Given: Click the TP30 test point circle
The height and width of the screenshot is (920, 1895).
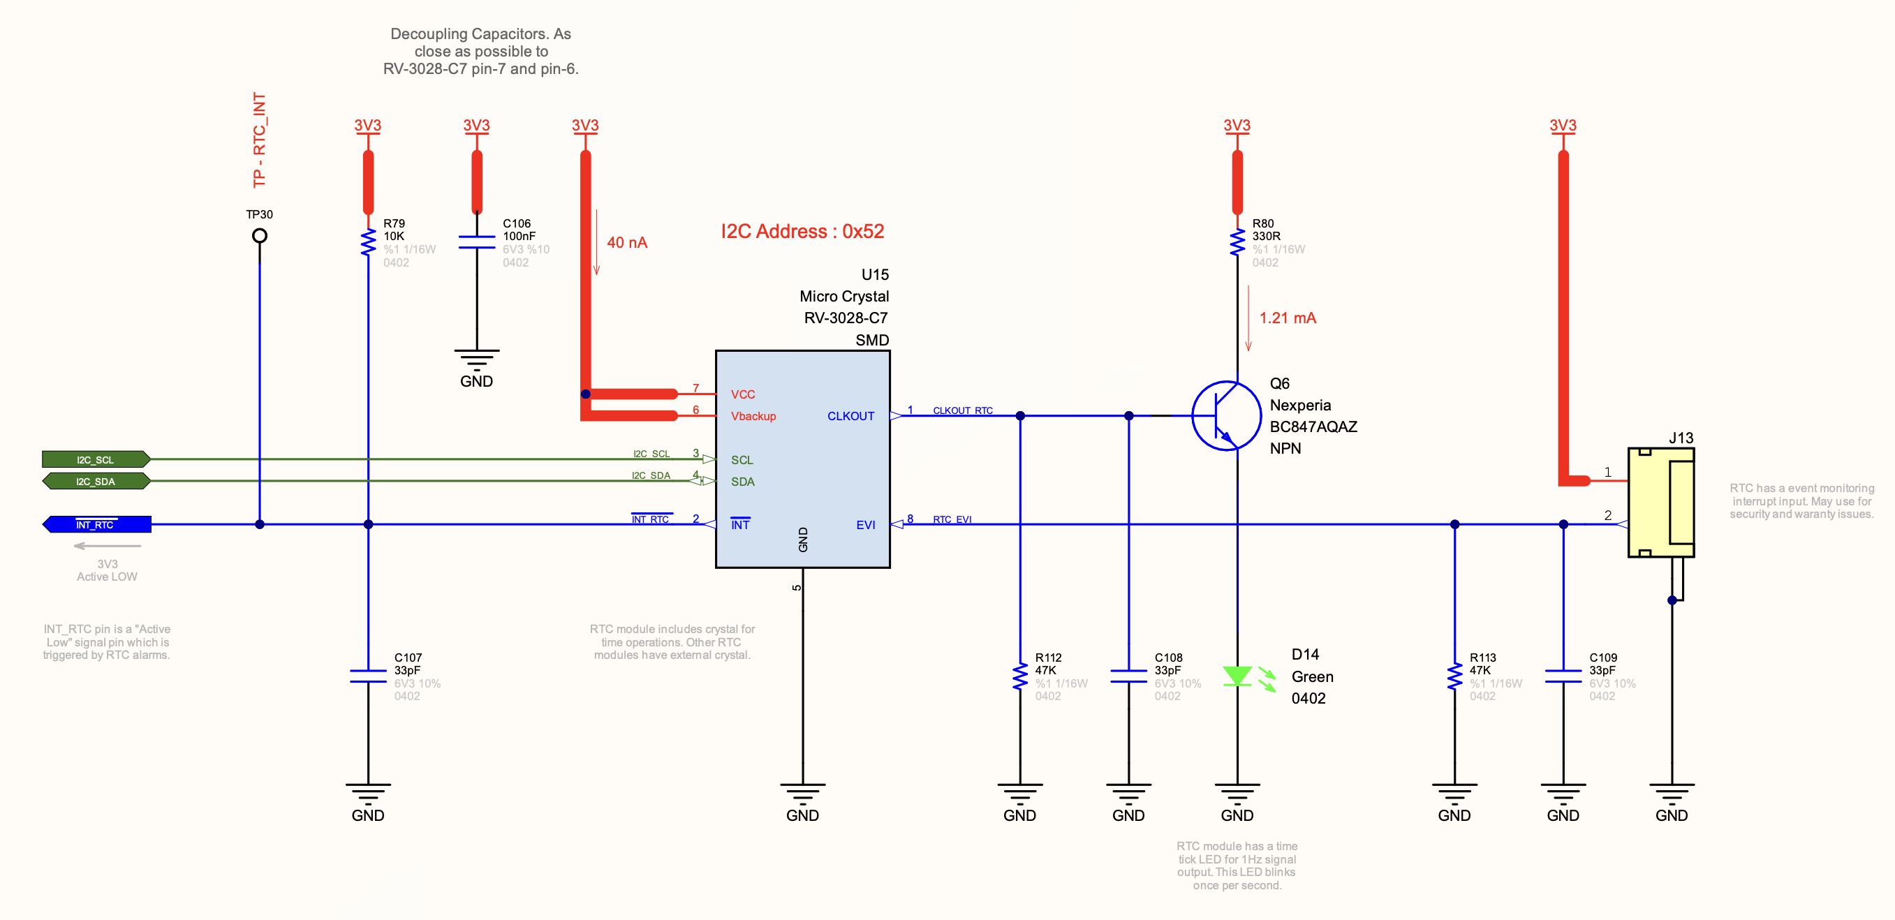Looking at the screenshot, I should [259, 235].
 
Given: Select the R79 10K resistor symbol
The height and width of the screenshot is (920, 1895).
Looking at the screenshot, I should [368, 242].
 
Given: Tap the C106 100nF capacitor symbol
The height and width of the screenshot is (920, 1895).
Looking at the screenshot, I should [477, 242].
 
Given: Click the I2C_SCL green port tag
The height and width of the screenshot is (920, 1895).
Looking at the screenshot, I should [96, 459].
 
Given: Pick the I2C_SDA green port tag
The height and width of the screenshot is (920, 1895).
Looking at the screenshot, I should [96, 482].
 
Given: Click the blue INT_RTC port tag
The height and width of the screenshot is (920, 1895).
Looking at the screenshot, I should [96, 524].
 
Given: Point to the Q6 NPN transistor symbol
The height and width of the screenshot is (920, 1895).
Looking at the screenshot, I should [1225, 415].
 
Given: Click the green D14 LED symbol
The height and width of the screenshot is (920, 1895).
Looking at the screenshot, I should [1237, 676].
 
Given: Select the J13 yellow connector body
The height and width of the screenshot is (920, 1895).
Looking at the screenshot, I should [1661, 503].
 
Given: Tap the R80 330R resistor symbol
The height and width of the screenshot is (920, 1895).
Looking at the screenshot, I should [1237, 242].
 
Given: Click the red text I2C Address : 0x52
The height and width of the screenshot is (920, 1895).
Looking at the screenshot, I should [802, 231].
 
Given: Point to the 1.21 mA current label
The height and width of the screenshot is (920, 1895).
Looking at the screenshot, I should [1288, 318].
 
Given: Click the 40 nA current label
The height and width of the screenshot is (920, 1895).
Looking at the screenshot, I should [627, 243].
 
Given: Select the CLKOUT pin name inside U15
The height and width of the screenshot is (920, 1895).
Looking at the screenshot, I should [850, 416].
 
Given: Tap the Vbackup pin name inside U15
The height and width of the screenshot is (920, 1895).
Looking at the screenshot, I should [753, 416].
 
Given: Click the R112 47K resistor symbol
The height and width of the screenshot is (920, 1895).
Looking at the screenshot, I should [1019, 676].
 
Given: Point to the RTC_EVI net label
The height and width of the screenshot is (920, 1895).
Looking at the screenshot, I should [952, 519].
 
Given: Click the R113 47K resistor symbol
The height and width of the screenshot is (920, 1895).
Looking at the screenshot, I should [1454, 676].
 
